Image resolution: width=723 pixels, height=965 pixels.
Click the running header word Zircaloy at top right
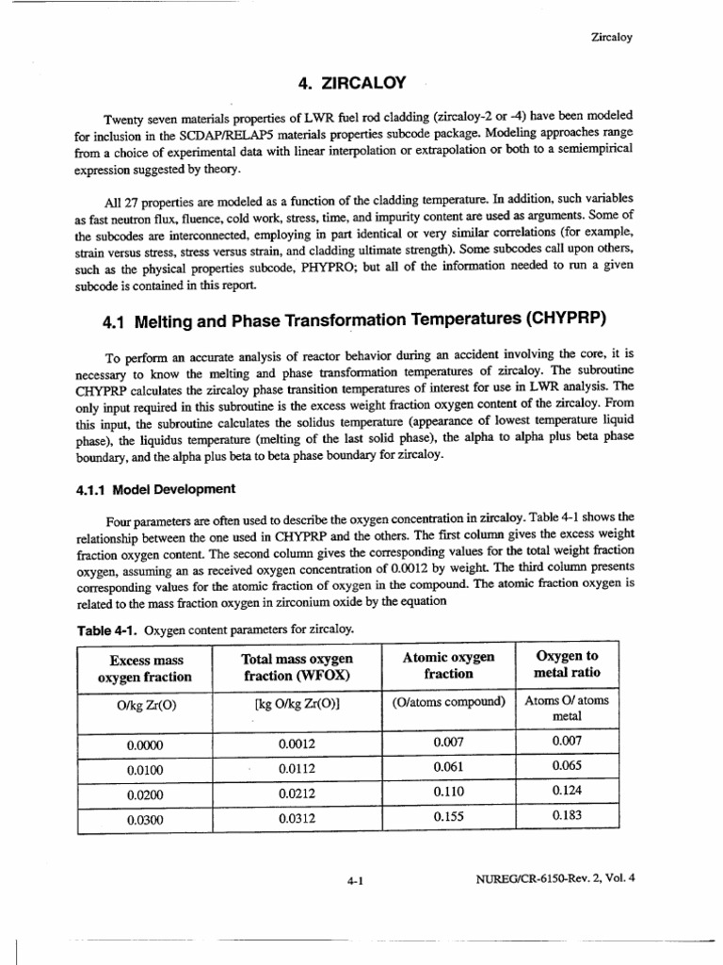(611, 38)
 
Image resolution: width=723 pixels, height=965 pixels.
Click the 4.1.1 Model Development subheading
(155, 488)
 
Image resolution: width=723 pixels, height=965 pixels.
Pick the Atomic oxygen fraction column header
(448, 665)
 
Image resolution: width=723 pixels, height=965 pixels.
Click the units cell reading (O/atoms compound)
(448, 702)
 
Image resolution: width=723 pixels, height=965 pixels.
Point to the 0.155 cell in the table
(448, 818)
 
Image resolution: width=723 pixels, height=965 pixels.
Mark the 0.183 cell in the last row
(566, 818)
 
